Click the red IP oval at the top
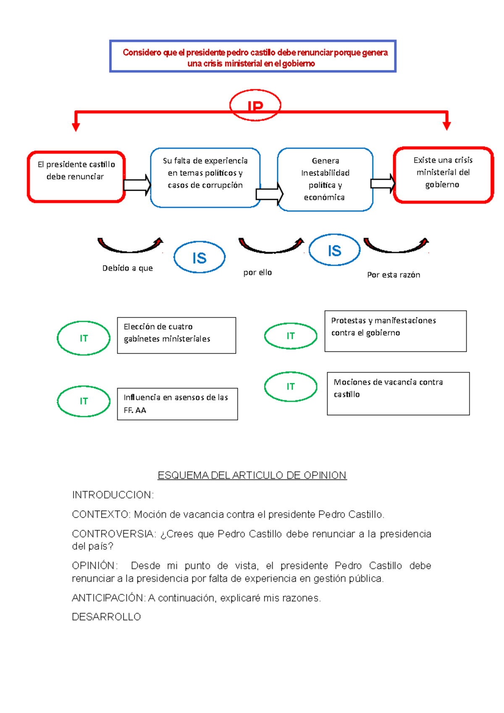point(255,105)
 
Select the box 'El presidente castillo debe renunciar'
point(76,177)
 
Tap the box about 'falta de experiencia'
point(205,177)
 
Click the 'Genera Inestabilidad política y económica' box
point(325,179)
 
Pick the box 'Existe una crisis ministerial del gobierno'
point(443,175)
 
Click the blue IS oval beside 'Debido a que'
point(199,257)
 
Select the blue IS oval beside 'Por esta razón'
point(334,250)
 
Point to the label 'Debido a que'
point(128,268)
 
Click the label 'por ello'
point(257,273)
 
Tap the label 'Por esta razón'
point(394,275)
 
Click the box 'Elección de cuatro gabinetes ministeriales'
point(176,335)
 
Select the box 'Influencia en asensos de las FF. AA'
point(177,404)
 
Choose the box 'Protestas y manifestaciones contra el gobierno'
point(395,331)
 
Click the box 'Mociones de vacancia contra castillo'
point(398,393)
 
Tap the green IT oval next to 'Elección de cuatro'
point(84,338)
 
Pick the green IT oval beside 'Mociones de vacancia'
point(291,386)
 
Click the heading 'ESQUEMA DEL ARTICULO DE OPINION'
point(252,475)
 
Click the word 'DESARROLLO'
point(106,617)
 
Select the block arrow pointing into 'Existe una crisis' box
point(383,183)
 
